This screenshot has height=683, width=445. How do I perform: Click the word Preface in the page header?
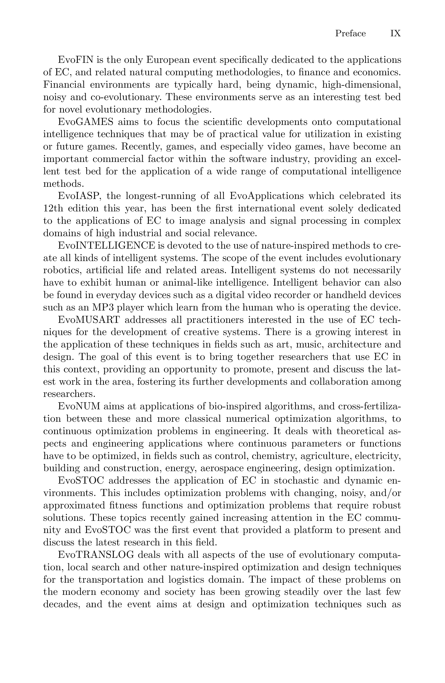[x=350, y=34]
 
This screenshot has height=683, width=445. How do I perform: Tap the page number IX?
[x=395, y=34]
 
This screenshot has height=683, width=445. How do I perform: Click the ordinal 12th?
[x=52, y=208]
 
